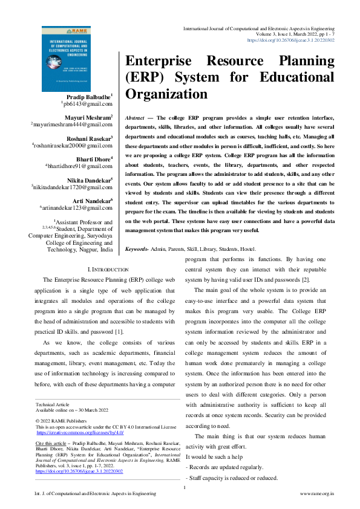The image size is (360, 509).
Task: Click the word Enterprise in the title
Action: click(159, 63)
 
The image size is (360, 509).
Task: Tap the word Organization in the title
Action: click(166, 94)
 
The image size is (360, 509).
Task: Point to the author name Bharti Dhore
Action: click(90, 159)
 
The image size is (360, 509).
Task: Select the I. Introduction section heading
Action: click(108, 268)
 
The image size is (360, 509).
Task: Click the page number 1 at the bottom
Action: click(184, 487)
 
